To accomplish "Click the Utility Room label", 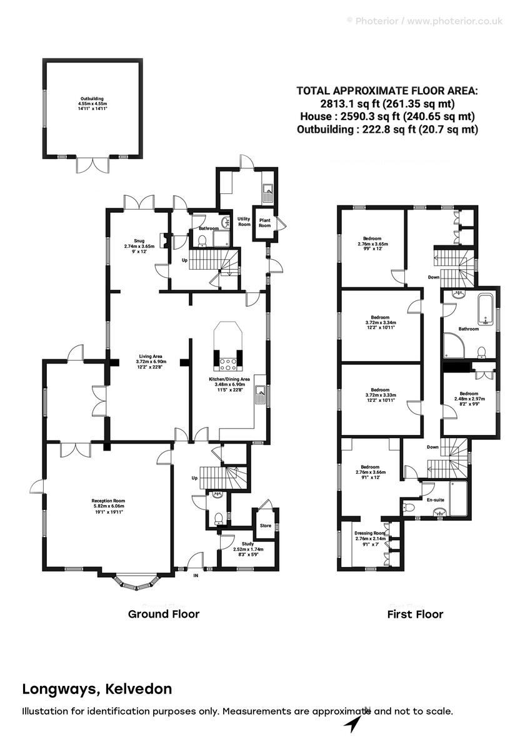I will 244,222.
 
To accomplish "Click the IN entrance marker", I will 196,575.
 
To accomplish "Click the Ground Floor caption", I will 164,614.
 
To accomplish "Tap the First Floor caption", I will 416,614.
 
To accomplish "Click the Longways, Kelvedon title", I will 97,690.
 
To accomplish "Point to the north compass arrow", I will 354,724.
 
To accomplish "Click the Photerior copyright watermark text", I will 424,21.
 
